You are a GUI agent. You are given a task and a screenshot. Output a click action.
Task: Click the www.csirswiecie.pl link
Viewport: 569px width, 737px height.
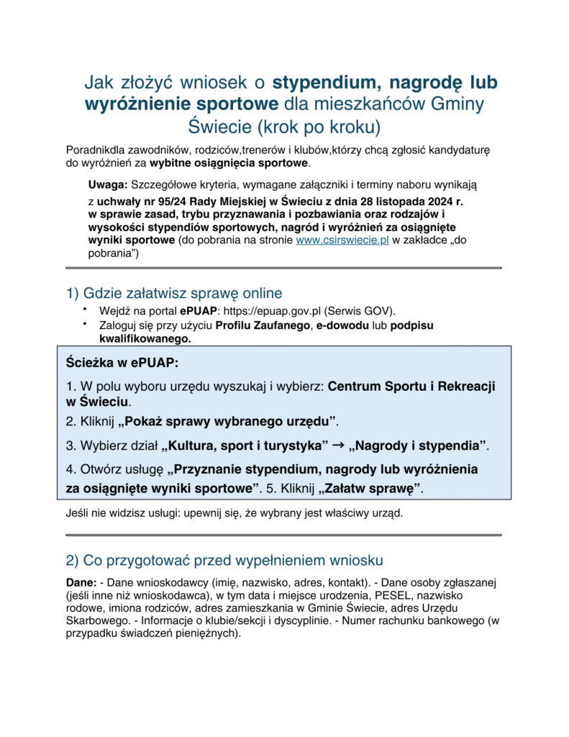pyautogui.click(x=342, y=241)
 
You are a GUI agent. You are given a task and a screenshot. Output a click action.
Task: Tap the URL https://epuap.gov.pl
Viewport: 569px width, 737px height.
pyautogui.click(x=280, y=312)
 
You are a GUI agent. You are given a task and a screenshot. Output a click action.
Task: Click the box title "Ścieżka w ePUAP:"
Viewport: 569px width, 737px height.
pyautogui.click(x=122, y=361)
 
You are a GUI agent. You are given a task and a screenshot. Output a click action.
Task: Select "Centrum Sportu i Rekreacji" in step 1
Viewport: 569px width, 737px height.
pyautogui.click(x=411, y=386)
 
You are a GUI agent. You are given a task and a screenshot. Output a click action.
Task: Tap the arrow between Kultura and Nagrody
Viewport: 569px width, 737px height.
pyautogui.click(x=337, y=446)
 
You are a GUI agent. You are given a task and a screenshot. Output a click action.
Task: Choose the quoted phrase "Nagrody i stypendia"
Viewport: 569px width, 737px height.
pyautogui.click(x=417, y=446)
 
